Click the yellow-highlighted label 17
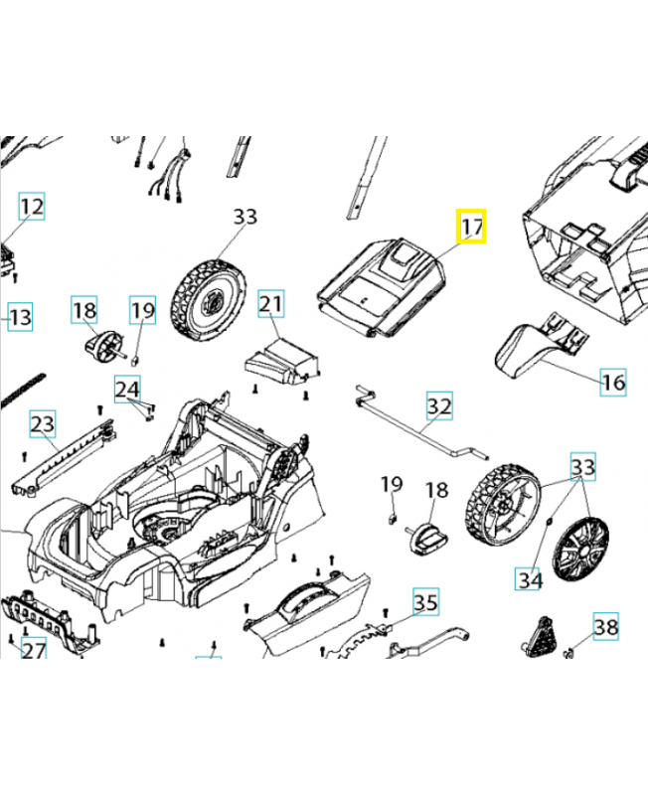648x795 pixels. [471, 228]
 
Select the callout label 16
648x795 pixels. [613, 382]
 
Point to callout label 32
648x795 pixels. [439, 406]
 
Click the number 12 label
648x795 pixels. [32, 207]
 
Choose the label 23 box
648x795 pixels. [43, 424]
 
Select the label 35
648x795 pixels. [425, 602]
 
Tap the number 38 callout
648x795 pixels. [606, 626]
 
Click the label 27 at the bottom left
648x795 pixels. [34, 651]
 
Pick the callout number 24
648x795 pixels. [127, 388]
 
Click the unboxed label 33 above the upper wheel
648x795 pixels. [244, 216]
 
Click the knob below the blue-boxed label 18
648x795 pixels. [95, 346]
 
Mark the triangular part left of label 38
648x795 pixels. [538, 633]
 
